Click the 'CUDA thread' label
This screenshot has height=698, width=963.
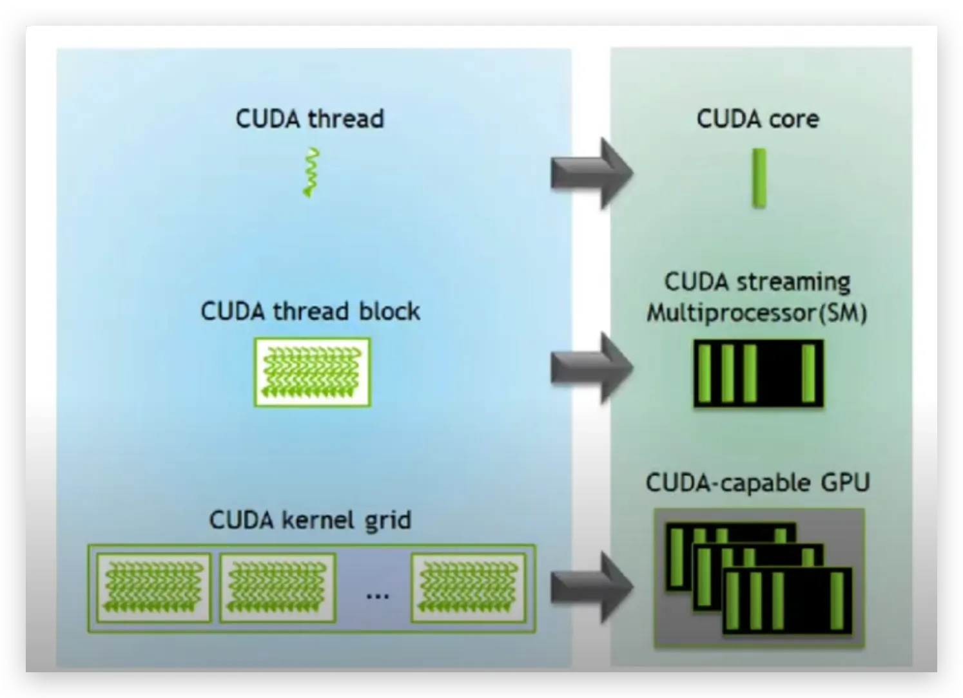310,119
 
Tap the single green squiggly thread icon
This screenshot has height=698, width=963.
311,173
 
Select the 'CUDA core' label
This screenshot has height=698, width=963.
758,119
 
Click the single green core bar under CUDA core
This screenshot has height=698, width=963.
759,178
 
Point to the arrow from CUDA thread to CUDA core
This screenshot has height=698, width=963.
591,173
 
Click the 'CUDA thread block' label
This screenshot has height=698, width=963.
310,312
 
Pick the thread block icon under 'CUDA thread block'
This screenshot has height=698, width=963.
313,372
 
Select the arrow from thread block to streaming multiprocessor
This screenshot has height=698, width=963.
591,368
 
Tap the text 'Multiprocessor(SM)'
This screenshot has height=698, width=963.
757,314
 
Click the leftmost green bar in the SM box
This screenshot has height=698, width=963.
705,373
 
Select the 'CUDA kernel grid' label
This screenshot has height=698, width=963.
310,520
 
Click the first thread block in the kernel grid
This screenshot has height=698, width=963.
153,587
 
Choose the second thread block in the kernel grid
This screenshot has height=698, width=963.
277,587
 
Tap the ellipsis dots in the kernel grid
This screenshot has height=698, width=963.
377,596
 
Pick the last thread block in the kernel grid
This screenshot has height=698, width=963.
469,587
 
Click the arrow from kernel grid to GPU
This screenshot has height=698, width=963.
591,587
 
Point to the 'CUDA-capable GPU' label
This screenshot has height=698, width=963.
758,483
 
